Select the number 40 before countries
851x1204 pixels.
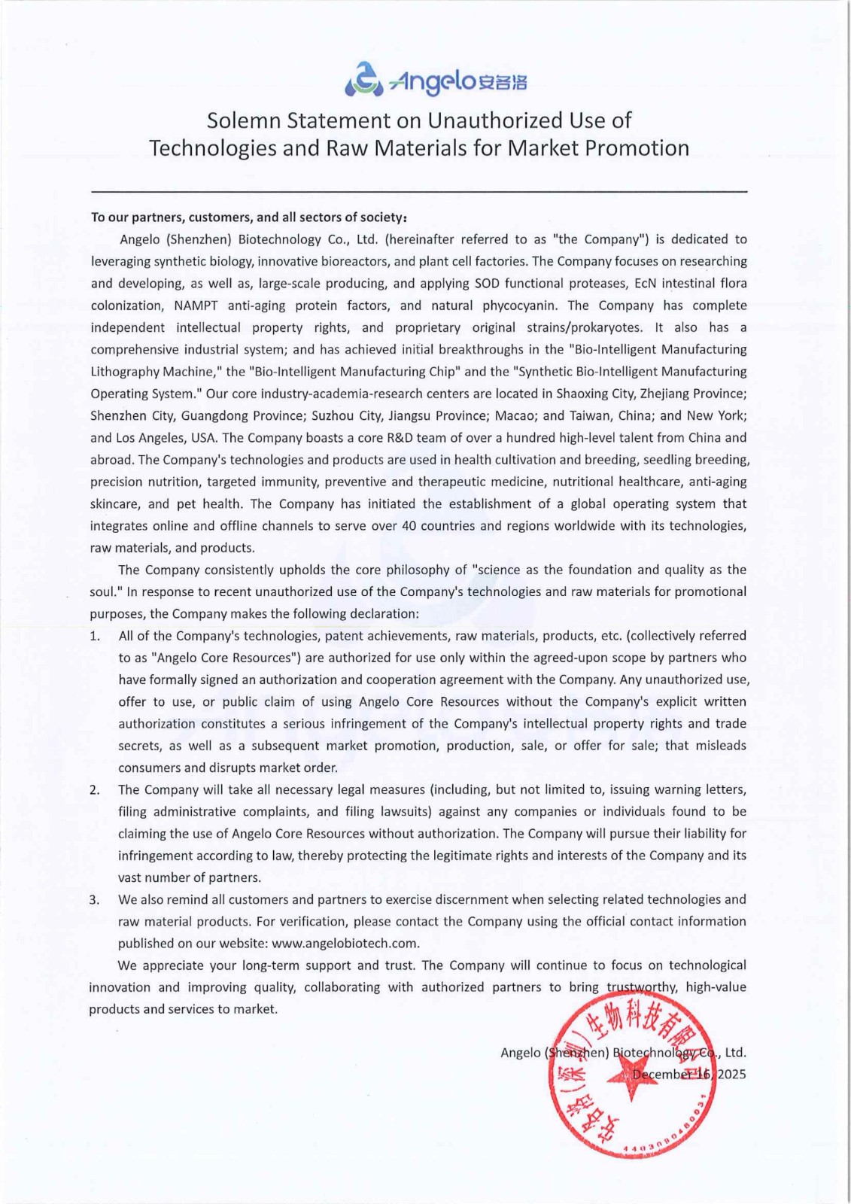coord(409,526)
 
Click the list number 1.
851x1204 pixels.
coord(94,637)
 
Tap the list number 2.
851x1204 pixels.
coord(94,790)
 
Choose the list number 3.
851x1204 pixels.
coord(94,900)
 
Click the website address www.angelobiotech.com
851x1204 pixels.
coord(345,944)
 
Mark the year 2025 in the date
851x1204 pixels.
coord(731,1074)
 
